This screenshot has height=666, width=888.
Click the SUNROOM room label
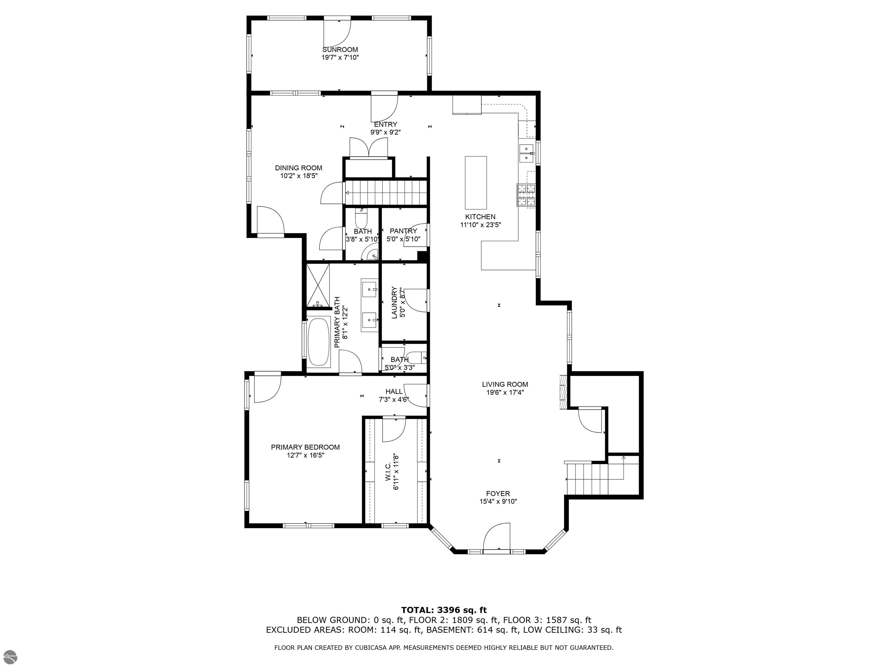(x=340, y=50)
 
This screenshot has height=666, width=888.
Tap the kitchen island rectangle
(x=476, y=181)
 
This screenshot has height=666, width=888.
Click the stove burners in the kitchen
(x=526, y=195)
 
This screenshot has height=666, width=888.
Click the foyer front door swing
(x=497, y=536)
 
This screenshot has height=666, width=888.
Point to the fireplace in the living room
(x=564, y=392)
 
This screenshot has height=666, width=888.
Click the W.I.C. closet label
(x=388, y=472)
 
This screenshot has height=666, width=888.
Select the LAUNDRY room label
(x=394, y=302)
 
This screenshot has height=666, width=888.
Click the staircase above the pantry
(x=385, y=193)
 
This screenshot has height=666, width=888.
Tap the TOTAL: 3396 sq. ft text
(x=444, y=610)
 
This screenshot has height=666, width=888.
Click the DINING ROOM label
(x=298, y=168)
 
